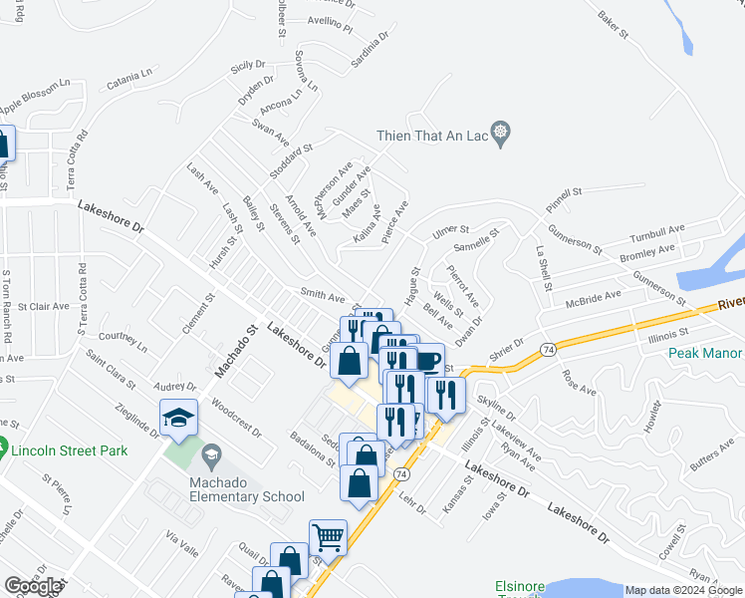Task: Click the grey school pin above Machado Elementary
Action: tap(209, 457)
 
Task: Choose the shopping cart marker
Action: tap(327, 537)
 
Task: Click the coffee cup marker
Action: tap(427, 361)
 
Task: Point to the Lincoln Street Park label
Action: tap(70, 450)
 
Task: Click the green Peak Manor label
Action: tap(705, 353)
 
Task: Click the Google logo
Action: tap(33, 586)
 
